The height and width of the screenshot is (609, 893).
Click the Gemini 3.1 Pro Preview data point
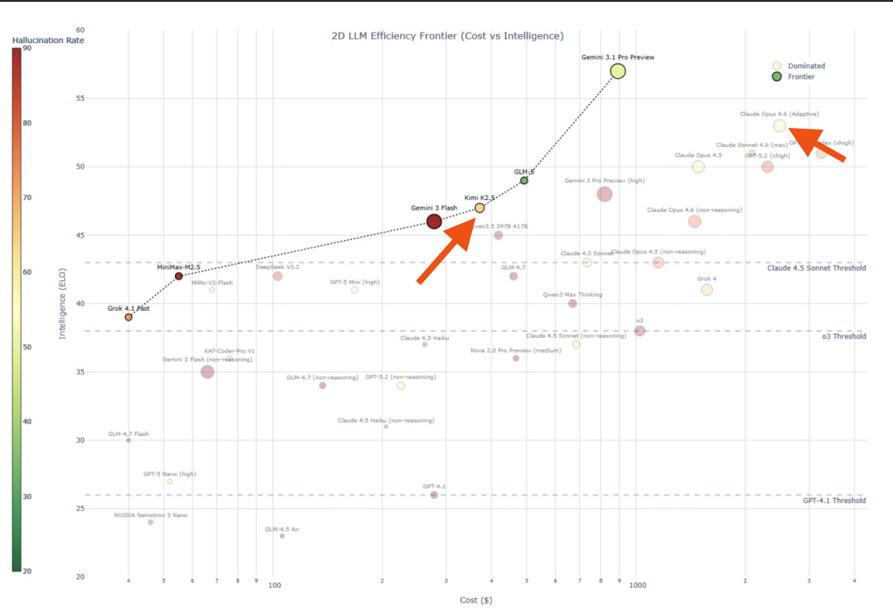click(618, 71)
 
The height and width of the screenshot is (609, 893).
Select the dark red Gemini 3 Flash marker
click(434, 221)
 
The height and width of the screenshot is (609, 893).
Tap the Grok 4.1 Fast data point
click(128, 317)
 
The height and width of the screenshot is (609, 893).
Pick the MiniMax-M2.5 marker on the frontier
click(179, 276)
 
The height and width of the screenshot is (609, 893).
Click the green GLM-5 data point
click(524, 181)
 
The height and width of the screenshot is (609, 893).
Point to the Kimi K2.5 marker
click(480, 208)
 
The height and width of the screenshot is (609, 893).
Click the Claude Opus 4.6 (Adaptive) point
click(779, 126)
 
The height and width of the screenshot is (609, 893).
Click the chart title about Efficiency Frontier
click(447, 36)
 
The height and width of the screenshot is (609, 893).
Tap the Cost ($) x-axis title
click(476, 600)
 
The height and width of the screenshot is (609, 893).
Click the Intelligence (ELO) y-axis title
click(62, 304)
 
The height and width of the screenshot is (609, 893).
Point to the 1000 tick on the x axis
click(637, 585)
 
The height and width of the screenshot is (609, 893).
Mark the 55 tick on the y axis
click(80, 99)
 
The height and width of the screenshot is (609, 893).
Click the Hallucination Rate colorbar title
click(48, 40)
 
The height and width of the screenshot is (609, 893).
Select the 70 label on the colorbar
click(27, 197)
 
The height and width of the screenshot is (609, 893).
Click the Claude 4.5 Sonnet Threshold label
click(816, 268)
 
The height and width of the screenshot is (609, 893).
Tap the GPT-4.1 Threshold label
click(834, 501)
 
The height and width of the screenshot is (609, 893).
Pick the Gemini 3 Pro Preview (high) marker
click(604, 194)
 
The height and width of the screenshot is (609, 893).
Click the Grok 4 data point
click(707, 290)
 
